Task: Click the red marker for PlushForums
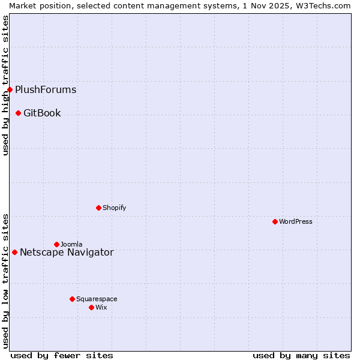click(10, 90)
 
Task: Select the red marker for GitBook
click(19, 113)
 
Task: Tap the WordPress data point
click(275, 221)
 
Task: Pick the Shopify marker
click(98, 208)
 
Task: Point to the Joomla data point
click(56, 244)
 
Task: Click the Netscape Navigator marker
click(14, 252)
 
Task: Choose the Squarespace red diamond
click(72, 299)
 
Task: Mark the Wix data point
click(91, 307)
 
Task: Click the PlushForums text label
click(46, 90)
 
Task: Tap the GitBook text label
click(42, 113)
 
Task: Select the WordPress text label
click(296, 221)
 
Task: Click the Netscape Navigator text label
click(67, 252)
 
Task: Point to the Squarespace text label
click(97, 299)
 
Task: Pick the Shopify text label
click(114, 208)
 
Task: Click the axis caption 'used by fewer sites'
click(62, 355)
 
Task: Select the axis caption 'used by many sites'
click(301, 355)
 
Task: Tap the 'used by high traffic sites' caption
click(5, 85)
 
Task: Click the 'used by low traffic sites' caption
click(5, 281)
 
